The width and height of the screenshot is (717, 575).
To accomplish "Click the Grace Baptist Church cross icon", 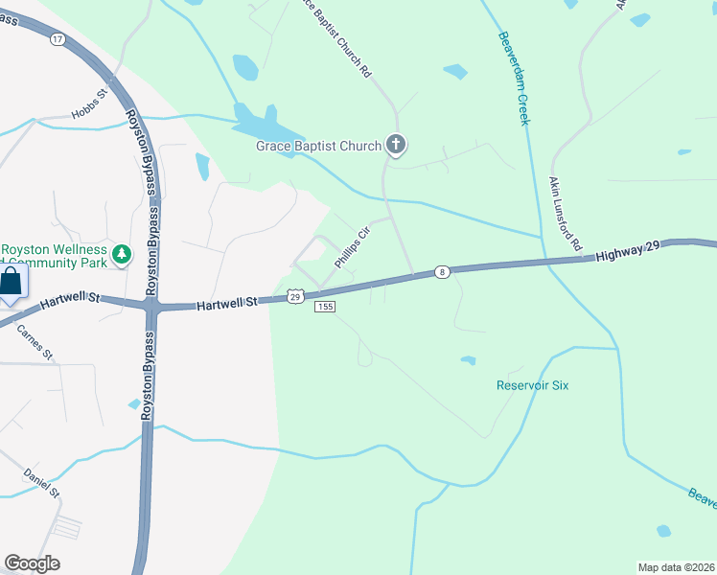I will tap(396, 146).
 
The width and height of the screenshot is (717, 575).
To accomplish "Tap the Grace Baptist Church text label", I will tap(318, 147).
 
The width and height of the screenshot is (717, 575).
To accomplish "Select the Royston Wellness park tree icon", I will tap(121, 254).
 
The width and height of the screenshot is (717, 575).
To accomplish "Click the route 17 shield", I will tap(58, 39).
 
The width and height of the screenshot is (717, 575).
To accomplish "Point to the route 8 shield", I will tap(441, 272).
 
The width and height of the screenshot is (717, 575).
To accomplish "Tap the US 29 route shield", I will tap(296, 297).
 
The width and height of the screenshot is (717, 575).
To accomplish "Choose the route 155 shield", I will tap(325, 307).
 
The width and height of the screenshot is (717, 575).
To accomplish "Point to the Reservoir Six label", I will tap(532, 385).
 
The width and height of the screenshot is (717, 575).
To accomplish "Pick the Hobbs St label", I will tap(93, 115).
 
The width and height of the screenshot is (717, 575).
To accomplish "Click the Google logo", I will tap(32, 563).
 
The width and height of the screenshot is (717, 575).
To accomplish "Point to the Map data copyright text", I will tap(677, 567).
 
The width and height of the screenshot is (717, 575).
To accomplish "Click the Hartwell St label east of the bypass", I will tap(228, 304).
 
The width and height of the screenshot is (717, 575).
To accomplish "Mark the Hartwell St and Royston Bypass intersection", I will tap(151, 307).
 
